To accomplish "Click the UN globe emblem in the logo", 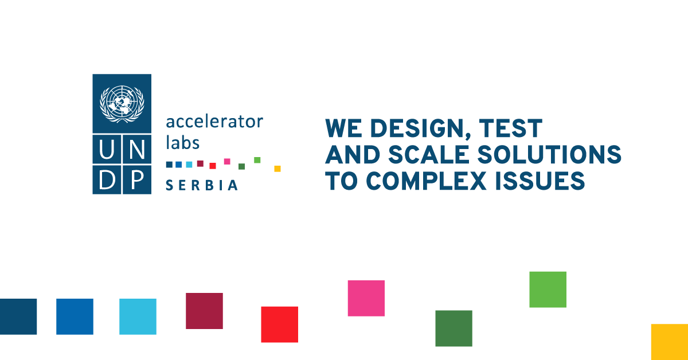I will coord(122,103).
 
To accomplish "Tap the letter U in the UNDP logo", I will coord(107,150).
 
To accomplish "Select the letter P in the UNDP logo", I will coord(136,179).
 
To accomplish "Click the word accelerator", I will coord(214,122).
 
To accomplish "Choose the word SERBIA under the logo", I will coord(202,185).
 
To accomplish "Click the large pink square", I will coord(366,298).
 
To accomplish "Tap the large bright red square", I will coord(279,324).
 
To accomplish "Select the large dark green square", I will coord(454,328).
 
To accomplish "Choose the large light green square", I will coord(548,289).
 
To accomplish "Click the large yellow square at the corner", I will coord(669,342).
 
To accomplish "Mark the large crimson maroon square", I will coord(204,311).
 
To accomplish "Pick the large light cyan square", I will coord(138,316).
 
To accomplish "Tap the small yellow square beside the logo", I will coord(277,169).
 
